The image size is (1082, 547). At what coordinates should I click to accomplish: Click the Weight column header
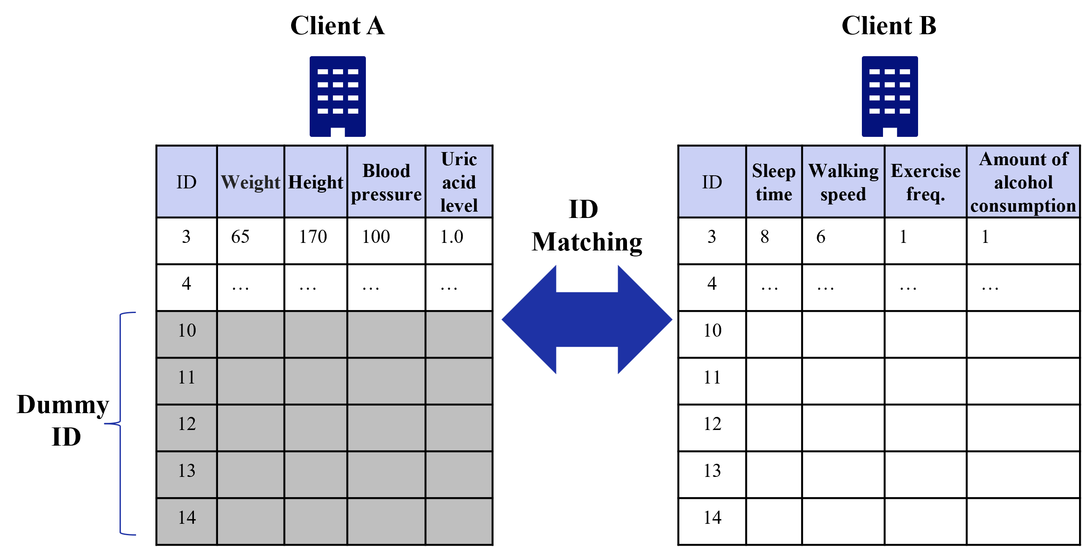click(x=250, y=182)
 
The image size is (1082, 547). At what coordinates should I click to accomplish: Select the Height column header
click(x=316, y=182)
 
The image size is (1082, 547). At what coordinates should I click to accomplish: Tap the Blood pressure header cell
click(x=386, y=182)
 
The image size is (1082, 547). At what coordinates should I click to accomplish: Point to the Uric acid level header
click(x=459, y=182)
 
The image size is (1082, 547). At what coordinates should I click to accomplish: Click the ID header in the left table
click(x=186, y=182)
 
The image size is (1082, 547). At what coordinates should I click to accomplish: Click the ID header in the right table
click(x=712, y=182)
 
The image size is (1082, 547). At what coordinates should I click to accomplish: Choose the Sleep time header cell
click(x=774, y=182)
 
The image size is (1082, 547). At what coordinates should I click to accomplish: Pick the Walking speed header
click(x=843, y=182)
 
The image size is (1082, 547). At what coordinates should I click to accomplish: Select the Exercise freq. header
click(x=925, y=182)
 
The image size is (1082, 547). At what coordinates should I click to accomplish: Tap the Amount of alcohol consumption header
click(x=1023, y=182)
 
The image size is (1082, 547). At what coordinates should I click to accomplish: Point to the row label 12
click(x=187, y=424)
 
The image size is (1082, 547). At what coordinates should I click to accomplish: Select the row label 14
click(x=187, y=518)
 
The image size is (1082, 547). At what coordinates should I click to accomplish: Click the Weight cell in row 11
click(x=250, y=381)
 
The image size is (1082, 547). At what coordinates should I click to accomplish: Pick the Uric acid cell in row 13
click(x=459, y=474)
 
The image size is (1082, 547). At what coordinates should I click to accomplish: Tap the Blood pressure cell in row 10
click(x=386, y=335)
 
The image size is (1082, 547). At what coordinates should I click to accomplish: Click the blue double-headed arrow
click(x=587, y=319)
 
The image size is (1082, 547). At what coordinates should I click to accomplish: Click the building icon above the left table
click(x=338, y=96)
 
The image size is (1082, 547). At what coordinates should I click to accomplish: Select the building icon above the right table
click(x=890, y=96)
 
